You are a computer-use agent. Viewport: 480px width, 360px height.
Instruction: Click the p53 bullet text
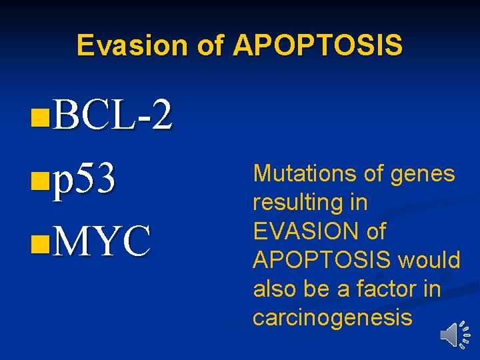point(85,179)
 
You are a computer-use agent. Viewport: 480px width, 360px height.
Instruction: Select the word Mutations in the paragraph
point(304,174)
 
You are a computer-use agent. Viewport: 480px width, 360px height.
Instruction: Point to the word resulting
point(297,203)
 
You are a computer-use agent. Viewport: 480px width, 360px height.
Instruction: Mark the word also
point(274,289)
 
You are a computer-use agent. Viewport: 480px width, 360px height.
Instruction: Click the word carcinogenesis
point(333,317)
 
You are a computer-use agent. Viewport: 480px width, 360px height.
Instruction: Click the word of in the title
point(212,45)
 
